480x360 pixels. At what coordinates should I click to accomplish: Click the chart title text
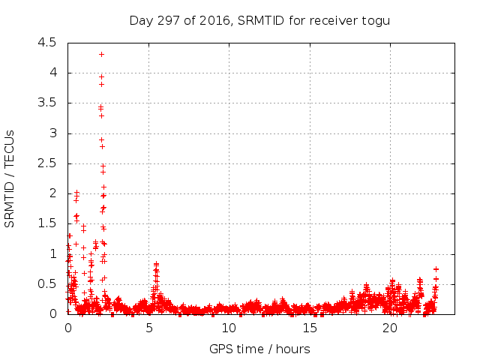point(260,20)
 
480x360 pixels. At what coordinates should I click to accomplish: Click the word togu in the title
point(377,20)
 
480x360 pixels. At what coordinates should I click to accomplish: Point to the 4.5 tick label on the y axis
point(47,43)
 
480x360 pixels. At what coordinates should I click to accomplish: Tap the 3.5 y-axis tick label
point(47,103)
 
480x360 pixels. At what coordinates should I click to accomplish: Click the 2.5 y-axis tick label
point(47,163)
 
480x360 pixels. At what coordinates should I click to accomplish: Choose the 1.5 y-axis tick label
point(47,223)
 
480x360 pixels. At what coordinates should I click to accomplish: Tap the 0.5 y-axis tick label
point(47,284)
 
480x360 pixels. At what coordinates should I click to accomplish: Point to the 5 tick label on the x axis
point(148,328)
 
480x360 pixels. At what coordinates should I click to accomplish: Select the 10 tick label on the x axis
point(229,328)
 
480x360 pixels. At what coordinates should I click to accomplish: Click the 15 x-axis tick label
point(310,328)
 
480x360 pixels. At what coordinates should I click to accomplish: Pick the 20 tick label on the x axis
point(390,328)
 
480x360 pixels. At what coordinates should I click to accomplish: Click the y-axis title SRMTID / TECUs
point(10,178)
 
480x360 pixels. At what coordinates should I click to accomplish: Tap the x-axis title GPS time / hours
point(259,349)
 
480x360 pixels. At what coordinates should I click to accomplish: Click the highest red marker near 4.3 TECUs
point(101,54)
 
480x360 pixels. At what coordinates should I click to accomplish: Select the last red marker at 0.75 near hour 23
point(436,268)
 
